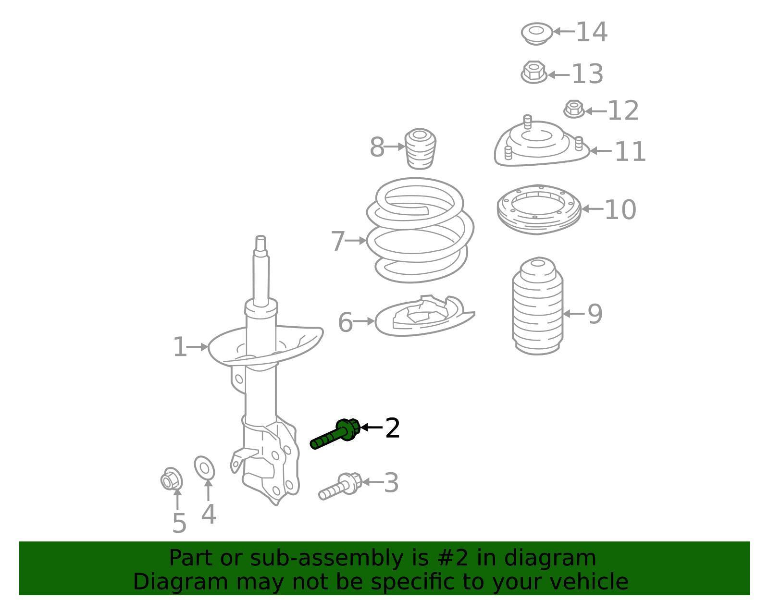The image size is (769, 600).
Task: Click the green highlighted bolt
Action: coord(336,433)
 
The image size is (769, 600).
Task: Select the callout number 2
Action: coord(392,428)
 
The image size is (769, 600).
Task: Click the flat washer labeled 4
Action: coord(204,468)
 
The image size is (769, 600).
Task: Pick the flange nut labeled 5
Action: coord(171,479)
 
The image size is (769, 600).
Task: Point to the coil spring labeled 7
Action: coord(420,231)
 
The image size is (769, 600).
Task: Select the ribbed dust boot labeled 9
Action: coord(537,307)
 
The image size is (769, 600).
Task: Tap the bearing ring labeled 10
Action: coord(539,209)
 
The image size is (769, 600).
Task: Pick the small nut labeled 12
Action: coord(573,110)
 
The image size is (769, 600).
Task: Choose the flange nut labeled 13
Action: coord(533,73)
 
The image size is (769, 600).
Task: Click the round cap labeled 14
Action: coord(535,33)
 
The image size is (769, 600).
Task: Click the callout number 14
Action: coord(591,32)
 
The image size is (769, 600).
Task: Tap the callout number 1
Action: coord(179,347)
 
